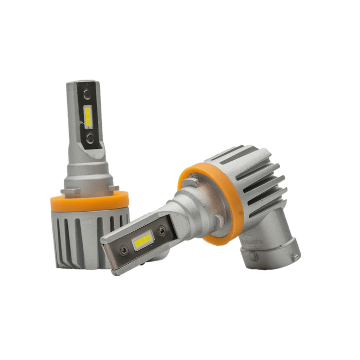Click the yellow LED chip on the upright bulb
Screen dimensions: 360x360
pos(88,116)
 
